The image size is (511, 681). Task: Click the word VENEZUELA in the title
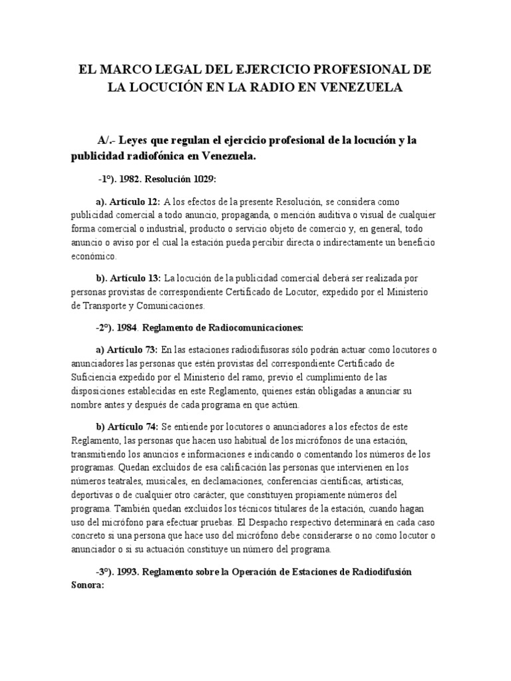362,88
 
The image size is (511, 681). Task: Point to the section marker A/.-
108,141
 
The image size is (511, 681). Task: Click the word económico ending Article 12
94,256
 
